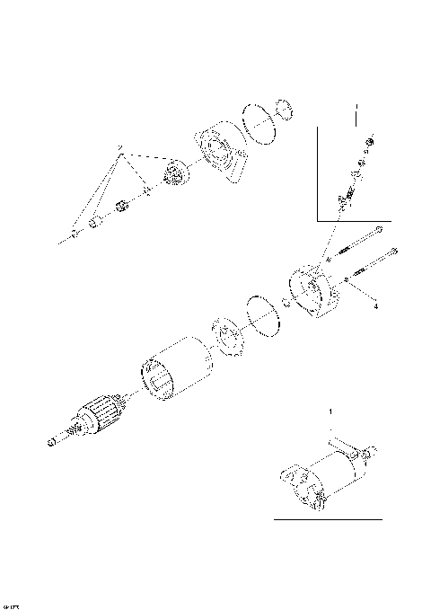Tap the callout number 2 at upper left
118,146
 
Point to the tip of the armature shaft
49,443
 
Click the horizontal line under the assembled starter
328,519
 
